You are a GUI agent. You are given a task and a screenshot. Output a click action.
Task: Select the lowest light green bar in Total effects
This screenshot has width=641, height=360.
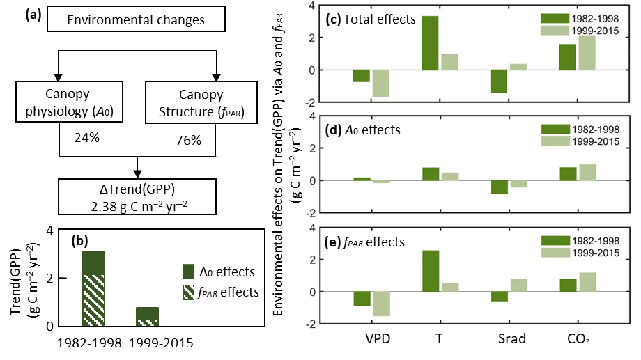(x=380, y=83)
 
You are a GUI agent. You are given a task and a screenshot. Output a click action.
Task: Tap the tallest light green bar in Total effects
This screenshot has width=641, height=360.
(x=587, y=52)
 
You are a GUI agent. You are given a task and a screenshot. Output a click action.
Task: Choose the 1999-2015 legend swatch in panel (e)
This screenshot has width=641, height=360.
(x=555, y=252)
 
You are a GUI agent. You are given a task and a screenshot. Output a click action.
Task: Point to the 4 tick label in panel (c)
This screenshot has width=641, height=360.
(x=312, y=6)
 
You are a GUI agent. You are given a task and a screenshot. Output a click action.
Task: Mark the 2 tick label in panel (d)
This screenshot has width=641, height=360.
(x=312, y=148)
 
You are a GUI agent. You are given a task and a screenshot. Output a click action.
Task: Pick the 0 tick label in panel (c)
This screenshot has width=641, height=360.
(x=312, y=70)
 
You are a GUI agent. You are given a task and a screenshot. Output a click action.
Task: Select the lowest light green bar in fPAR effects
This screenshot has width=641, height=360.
(x=380, y=304)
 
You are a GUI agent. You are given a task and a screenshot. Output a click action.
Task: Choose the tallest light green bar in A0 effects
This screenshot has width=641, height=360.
(x=587, y=173)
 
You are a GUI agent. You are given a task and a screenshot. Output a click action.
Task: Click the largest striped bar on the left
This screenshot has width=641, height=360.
(x=93, y=300)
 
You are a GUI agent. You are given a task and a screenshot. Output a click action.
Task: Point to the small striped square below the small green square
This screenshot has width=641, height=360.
(x=188, y=292)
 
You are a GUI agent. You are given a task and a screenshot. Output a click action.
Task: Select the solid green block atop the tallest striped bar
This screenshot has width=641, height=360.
(x=93, y=263)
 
